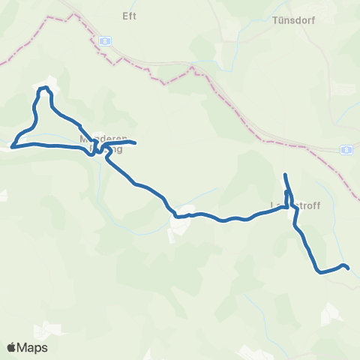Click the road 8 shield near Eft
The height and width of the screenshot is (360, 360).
[x=106, y=40]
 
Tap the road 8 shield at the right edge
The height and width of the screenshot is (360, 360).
[x=346, y=149]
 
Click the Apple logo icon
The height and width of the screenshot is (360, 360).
[x=11, y=348]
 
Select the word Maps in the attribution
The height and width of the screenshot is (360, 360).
[x=32, y=348]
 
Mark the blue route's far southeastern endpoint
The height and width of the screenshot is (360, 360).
[x=349, y=268]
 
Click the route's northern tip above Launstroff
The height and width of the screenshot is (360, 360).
[x=285, y=175]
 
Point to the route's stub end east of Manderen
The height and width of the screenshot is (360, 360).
[x=134, y=142]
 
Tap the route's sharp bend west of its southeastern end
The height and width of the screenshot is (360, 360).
[x=319, y=271]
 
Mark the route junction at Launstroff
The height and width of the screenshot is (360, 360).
[x=289, y=205]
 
